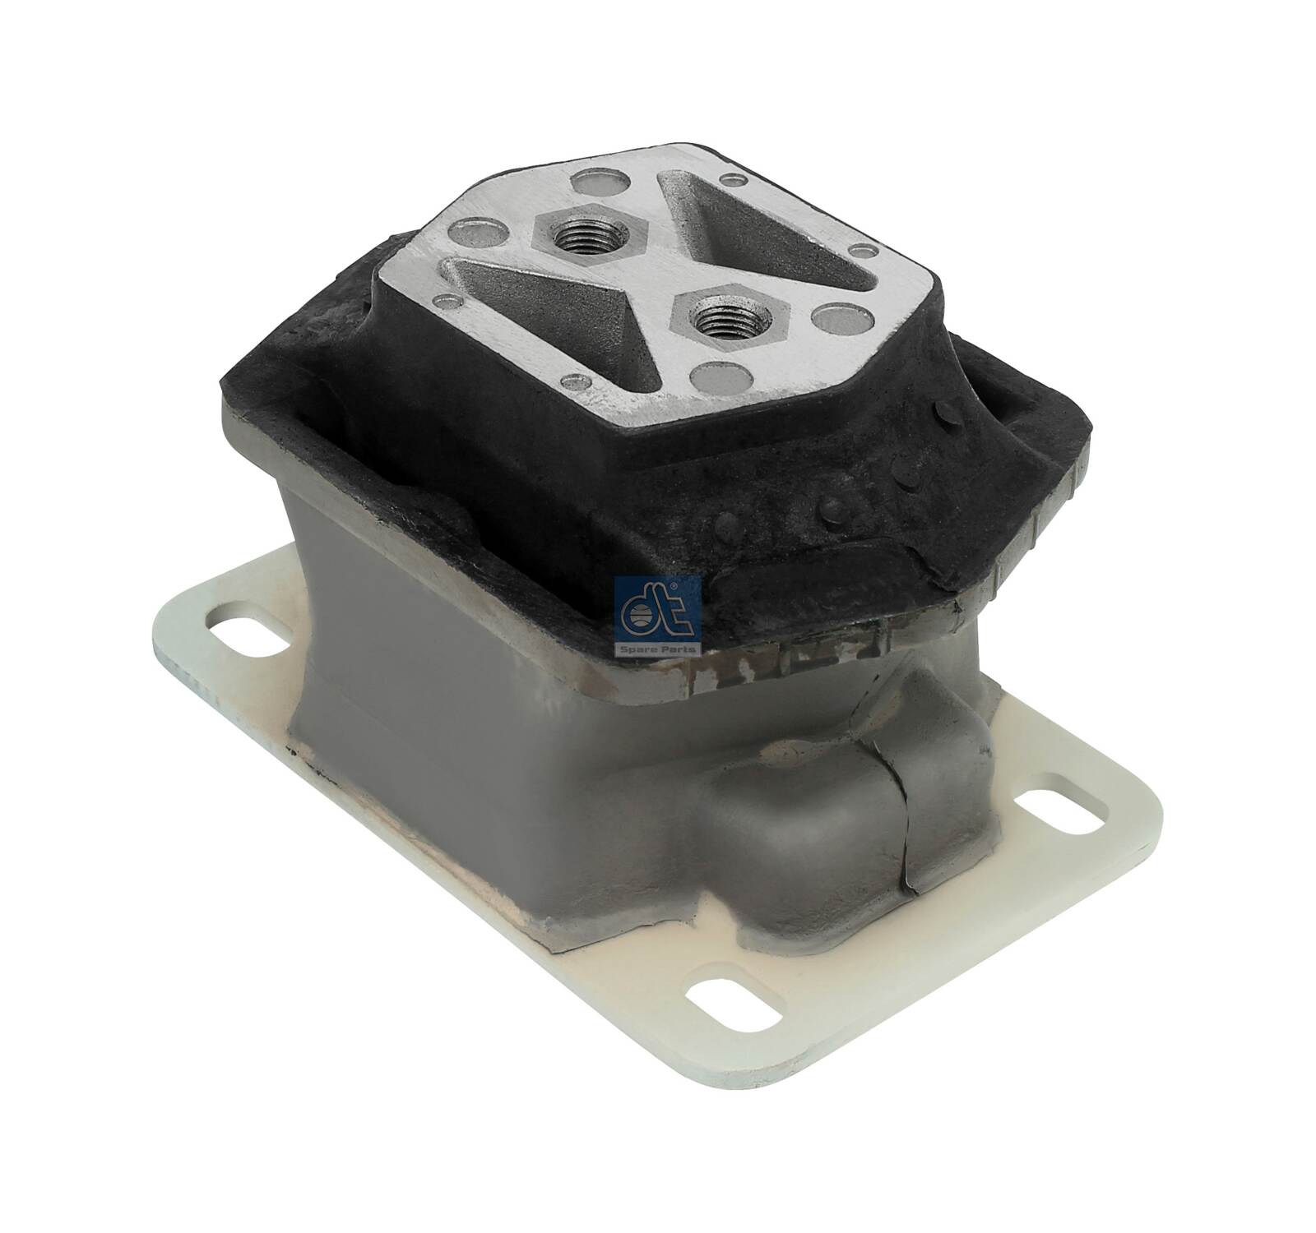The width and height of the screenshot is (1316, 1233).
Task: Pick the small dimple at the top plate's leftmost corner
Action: [445, 300]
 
